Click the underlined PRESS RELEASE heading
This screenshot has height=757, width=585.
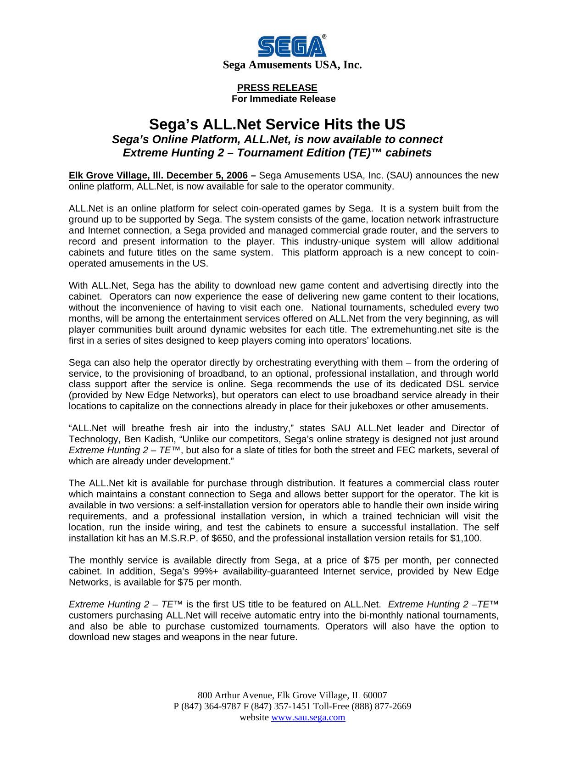[x=277, y=88]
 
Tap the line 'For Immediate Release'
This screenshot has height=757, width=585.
[x=284, y=99]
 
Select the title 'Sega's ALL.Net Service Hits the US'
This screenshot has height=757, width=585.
[x=277, y=124]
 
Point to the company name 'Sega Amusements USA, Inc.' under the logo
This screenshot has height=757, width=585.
[x=292, y=65]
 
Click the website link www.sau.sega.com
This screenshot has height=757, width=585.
[x=308, y=717]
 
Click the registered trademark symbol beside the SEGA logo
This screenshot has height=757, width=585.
[x=324, y=37]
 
